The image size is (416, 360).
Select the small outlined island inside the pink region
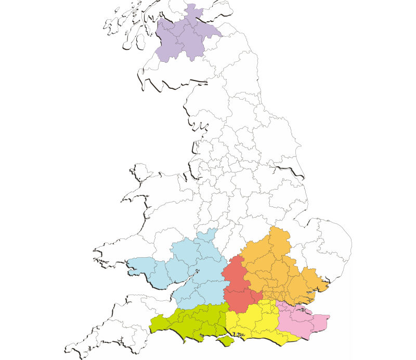(x=303, y=312)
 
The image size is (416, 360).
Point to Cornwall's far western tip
(x=68, y=349)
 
